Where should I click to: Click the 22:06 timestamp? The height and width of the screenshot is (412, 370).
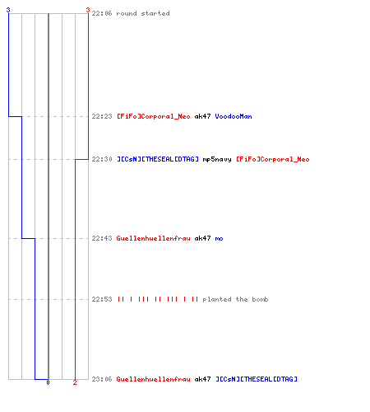[x=102, y=13]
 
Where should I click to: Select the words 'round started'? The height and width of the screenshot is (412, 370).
[x=143, y=13]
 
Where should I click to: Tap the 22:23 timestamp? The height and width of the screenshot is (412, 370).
[x=102, y=116]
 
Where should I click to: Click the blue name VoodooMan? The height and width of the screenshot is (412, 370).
[x=234, y=116]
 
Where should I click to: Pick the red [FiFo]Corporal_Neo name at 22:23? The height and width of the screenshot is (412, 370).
[x=154, y=116]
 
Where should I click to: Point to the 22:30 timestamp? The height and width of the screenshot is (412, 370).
[x=102, y=159]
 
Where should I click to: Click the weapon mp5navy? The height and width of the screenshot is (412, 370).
[x=217, y=159]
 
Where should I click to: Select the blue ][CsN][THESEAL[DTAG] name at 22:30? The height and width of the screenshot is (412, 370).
[x=158, y=159]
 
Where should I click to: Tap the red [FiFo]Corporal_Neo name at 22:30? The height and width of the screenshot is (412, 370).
[x=273, y=159]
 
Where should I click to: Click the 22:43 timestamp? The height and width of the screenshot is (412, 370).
[x=102, y=238]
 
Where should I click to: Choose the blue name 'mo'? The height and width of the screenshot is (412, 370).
[x=219, y=238]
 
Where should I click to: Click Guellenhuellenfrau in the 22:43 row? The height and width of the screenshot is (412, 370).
[x=154, y=238]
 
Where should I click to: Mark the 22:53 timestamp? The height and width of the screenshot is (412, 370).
[x=102, y=299]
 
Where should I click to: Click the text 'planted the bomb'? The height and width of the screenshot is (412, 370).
[x=235, y=299]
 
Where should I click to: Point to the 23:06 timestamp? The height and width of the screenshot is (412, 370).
[x=102, y=379]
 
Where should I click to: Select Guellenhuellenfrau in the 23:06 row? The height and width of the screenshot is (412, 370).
[x=154, y=379]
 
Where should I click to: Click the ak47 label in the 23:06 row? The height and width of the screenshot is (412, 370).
[x=202, y=379]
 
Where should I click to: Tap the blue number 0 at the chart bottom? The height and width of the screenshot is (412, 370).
[x=48, y=382]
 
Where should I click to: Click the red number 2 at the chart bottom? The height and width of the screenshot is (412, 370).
[x=75, y=382]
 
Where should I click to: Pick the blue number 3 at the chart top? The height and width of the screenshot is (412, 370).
[x=8, y=10]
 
